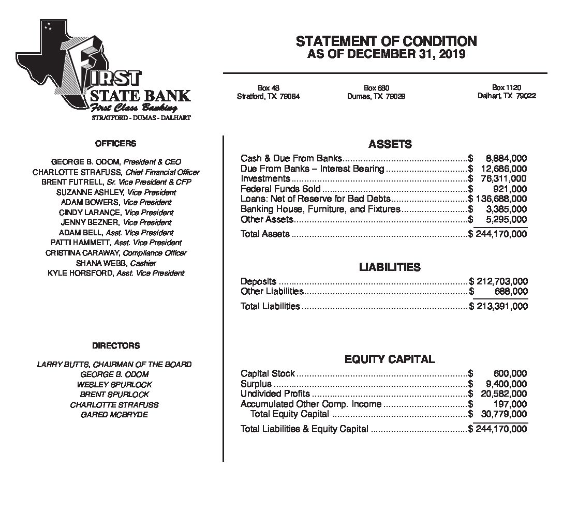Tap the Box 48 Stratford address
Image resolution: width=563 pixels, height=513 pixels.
click(x=268, y=92)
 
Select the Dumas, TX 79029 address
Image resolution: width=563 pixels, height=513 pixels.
click(x=376, y=96)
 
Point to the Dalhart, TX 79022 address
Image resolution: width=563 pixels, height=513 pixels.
click(x=506, y=96)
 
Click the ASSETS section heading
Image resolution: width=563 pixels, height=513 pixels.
click(x=390, y=144)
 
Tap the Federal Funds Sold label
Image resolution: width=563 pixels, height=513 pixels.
click(x=280, y=189)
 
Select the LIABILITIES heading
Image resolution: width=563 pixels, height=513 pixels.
click(x=390, y=267)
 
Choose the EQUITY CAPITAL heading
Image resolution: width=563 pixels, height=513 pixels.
click(x=390, y=359)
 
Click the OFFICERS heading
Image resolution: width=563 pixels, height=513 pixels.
click(x=116, y=144)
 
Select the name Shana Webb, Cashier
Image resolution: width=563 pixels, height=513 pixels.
click(x=116, y=263)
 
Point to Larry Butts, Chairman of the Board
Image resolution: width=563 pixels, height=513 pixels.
click(x=114, y=365)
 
